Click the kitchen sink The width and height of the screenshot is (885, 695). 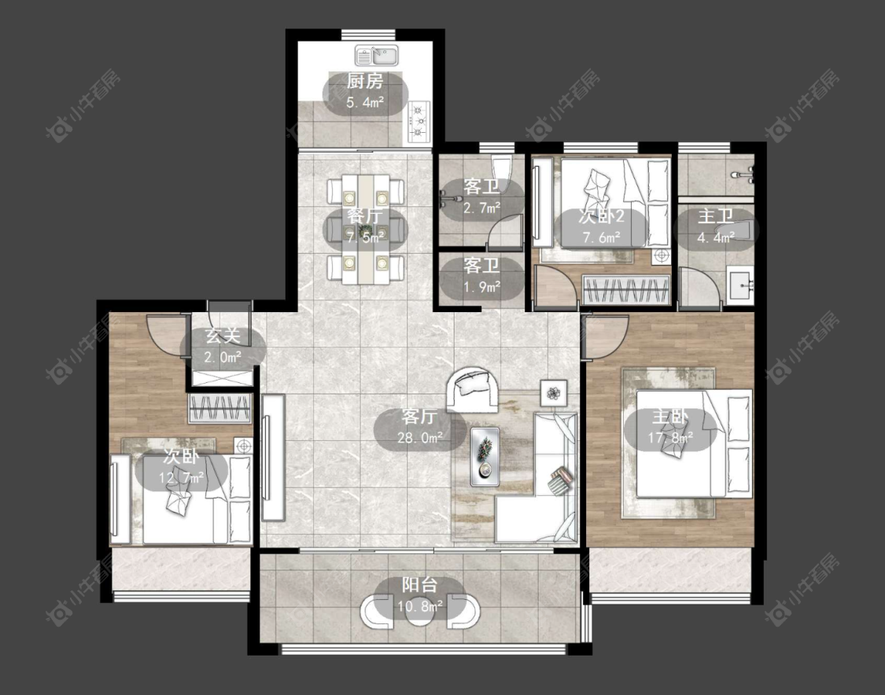coord(377,56)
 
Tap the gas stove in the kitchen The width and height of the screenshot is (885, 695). coord(419,120)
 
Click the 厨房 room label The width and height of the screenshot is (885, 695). coord(364,81)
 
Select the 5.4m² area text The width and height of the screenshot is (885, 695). coord(364,103)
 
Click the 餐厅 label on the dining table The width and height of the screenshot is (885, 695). coord(364,216)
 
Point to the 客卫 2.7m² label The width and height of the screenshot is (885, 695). coord(481,197)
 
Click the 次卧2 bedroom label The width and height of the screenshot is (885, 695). coord(601,217)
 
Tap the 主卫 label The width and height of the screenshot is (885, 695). coord(716,216)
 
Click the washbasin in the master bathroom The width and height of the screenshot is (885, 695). coord(740,285)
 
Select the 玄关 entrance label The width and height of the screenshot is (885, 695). coord(223,336)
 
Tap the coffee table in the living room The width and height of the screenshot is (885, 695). coord(485,456)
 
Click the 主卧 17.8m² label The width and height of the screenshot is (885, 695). coord(670,426)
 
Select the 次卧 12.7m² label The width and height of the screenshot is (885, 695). coord(181,466)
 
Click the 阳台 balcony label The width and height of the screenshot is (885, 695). coord(419,584)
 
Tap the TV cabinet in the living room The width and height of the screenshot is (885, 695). coord(273,458)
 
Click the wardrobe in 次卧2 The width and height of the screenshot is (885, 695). coord(626,290)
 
